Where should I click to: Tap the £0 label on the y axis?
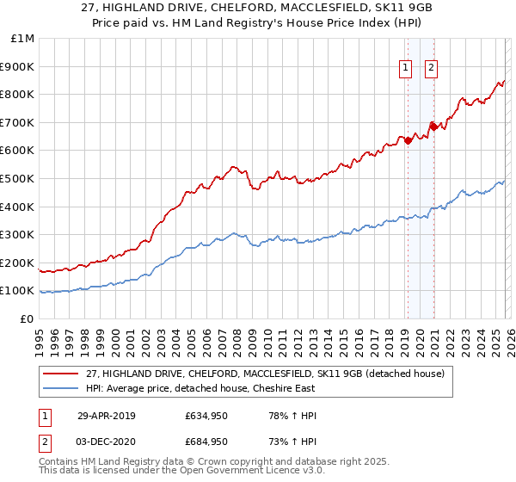coord(28,318)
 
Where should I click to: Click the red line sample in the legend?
coord(61,373)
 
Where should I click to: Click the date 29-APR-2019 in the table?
coord(107,415)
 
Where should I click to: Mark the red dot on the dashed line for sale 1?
coord(408,141)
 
